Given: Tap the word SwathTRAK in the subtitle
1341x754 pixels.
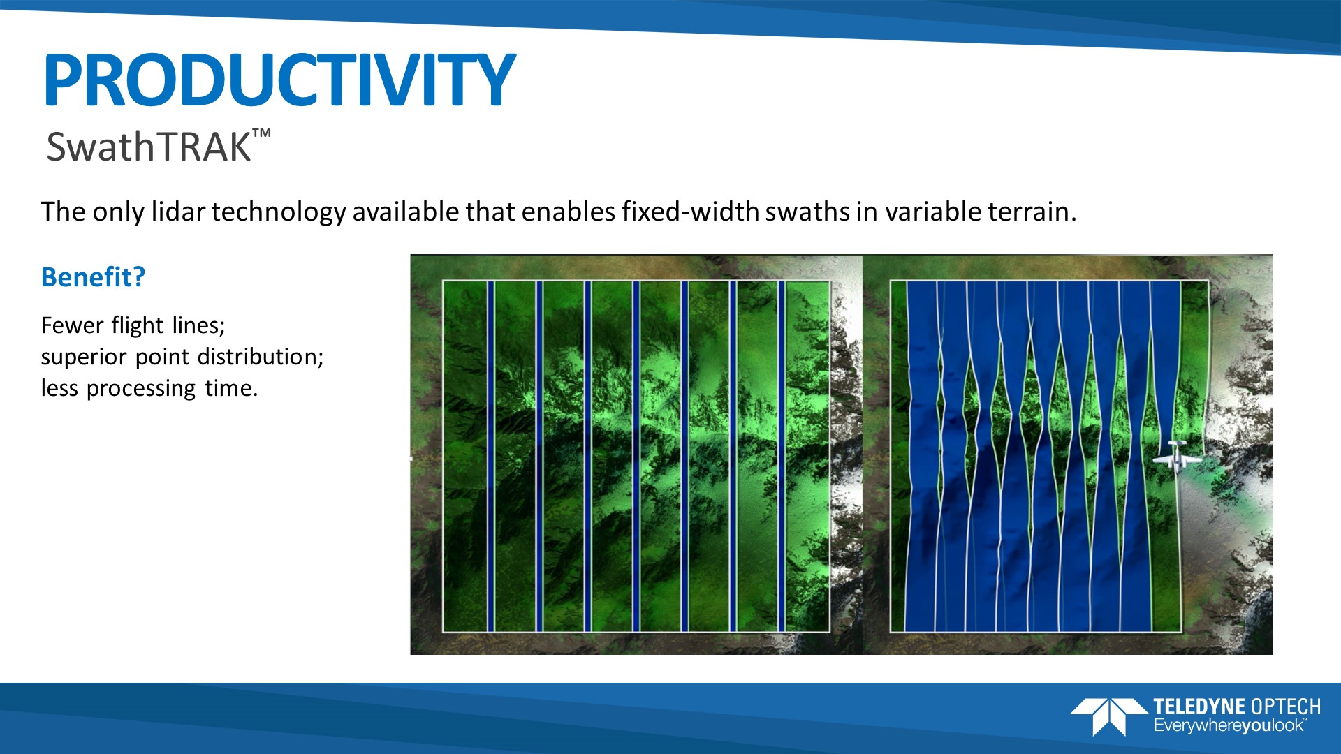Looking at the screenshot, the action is tap(148, 147).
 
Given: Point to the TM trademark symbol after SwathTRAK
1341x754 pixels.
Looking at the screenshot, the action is tap(261, 134).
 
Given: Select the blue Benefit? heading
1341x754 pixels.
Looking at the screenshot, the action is tap(93, 277).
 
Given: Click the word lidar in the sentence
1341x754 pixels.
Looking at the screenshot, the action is tap(178, 212).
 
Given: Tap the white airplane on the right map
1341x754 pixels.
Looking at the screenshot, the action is tap(1177, 457).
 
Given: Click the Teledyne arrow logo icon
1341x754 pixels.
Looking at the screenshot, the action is tap(1109, 716).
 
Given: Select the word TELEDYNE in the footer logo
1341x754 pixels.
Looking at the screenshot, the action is tap(1199, 707).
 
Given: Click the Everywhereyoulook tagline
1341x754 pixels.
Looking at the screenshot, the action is tap(1230, 726).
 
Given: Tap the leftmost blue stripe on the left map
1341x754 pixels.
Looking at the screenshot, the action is tap(491, 457).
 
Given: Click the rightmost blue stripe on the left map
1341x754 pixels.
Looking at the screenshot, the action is tap(782, 457).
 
